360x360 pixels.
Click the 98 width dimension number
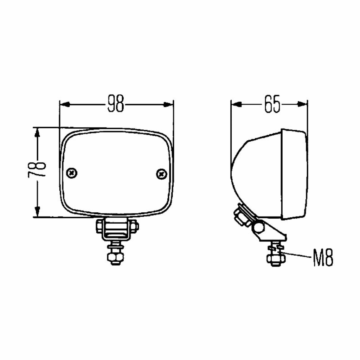click(116, 104)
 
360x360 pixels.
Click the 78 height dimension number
click(37, 170)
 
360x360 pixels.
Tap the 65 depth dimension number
click(272, 104)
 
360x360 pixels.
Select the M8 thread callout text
click(323, 257)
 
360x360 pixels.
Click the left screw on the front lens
click(72, 173)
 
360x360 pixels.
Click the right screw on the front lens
click(162, 174)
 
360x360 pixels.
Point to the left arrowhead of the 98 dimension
click(65, 104)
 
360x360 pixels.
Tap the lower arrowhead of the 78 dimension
click(37, 212)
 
